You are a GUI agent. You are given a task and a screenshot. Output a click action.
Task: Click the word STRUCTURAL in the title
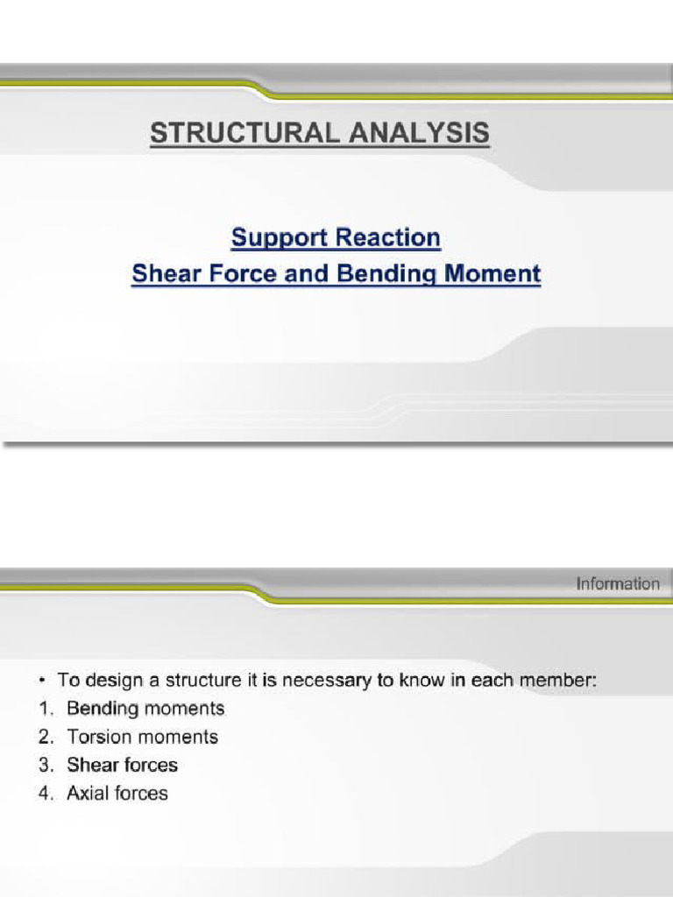pos(236,133)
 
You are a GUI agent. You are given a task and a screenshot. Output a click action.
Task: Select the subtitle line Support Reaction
pos(336,237)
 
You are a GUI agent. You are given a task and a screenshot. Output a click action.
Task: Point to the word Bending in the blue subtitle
pos(392,274)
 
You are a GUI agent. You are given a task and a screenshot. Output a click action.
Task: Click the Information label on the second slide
pos(617,583)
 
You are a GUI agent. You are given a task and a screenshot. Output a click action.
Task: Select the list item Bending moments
pos(145,708)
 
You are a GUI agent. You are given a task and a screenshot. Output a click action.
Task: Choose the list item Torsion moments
pos(142,737)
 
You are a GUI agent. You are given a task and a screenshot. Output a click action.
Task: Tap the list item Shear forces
pos(122,765)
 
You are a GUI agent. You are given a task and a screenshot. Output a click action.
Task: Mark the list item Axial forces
pos(117,794)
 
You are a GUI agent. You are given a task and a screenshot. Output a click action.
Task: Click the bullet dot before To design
pos(42,680)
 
